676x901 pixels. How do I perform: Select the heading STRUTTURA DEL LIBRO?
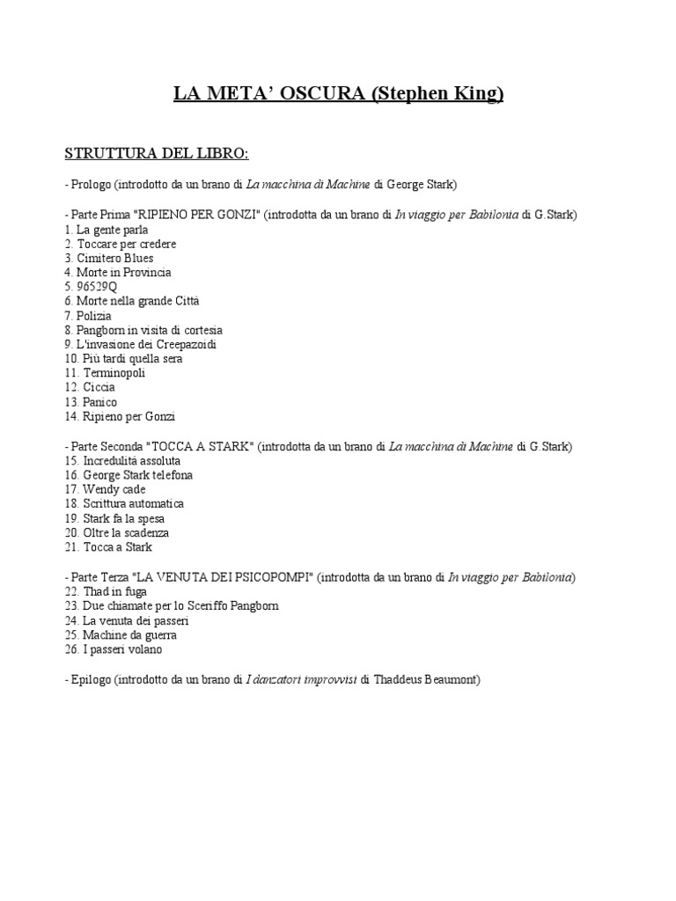157,154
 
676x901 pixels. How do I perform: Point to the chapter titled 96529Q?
96,287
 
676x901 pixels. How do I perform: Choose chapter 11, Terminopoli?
114,373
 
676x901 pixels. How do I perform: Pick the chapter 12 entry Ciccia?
99,387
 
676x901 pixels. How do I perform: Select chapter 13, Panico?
100,402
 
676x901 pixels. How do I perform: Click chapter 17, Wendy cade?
114,489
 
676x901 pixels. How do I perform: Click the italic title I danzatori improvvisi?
302,679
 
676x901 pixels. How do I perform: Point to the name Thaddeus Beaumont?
426,679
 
